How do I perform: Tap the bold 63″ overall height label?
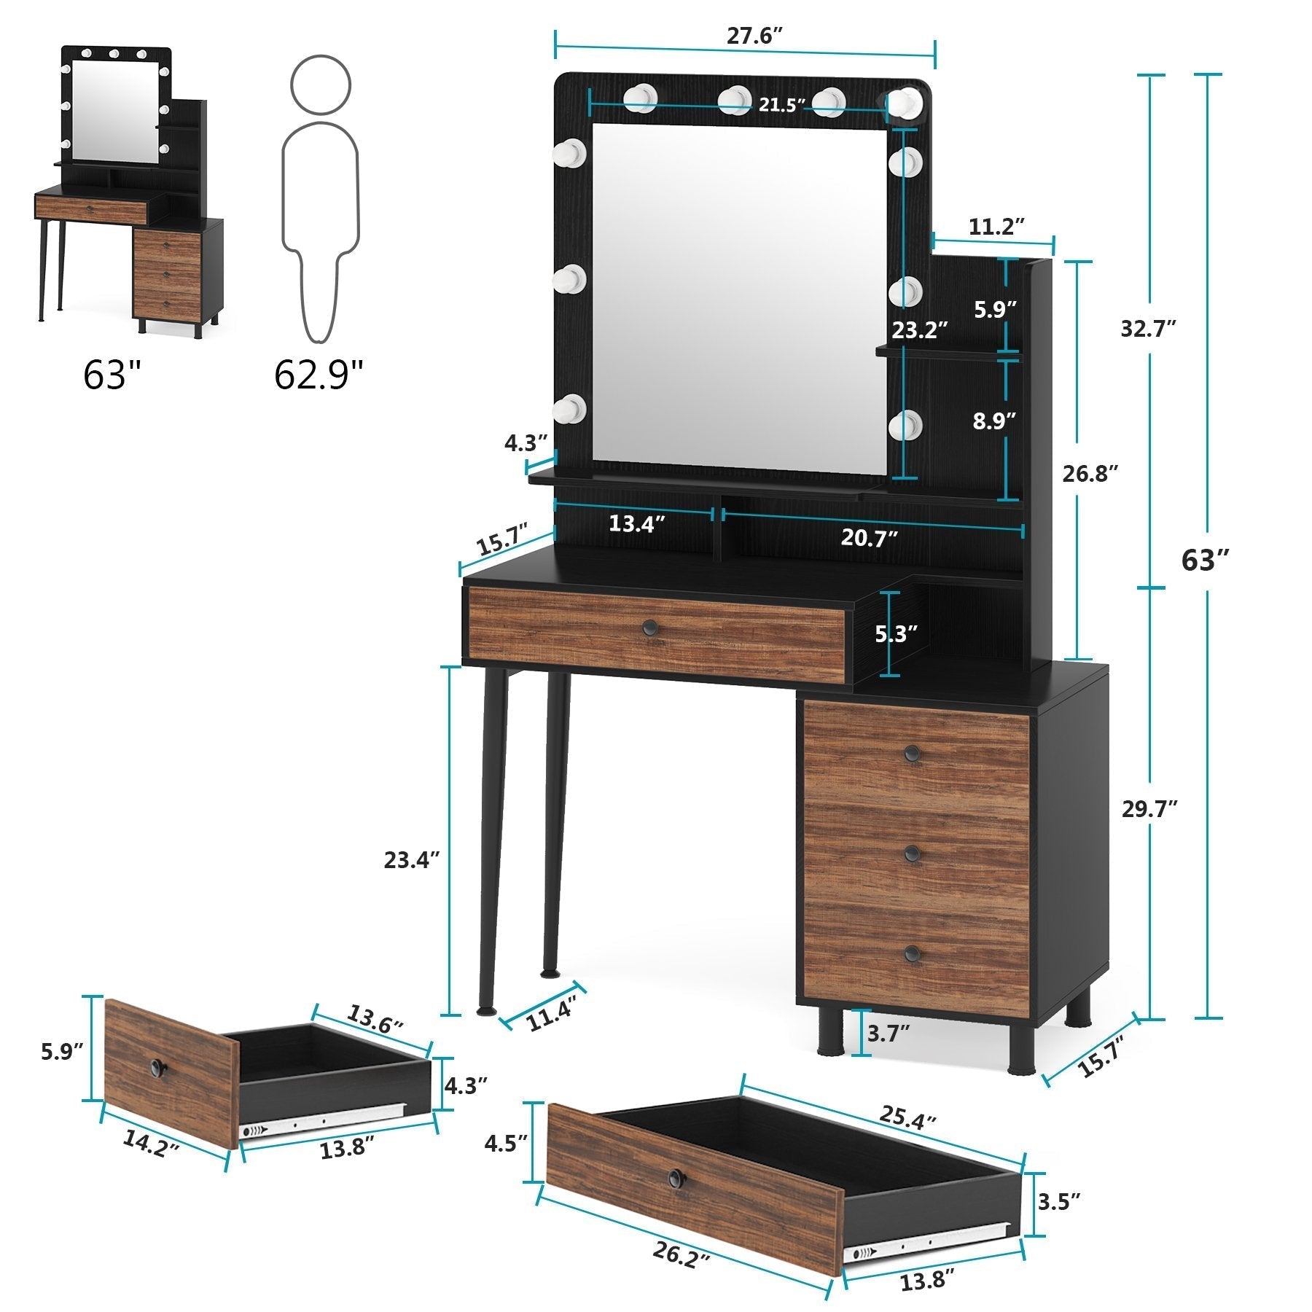point(1205,561)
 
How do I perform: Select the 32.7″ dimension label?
point(1149,329)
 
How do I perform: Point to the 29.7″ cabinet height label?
point(1149,809)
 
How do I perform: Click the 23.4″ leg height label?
point(413,860)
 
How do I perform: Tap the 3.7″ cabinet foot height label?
point(889,1033)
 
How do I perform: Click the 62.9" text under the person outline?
point(319,375)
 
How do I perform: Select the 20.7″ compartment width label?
point(869,539)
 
